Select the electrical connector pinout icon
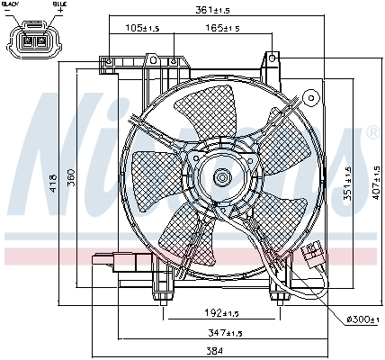(x=35, y=41)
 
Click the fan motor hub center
(x=220, y=177)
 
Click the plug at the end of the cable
(x=314, y=255)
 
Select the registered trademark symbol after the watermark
(x=372, y=132)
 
